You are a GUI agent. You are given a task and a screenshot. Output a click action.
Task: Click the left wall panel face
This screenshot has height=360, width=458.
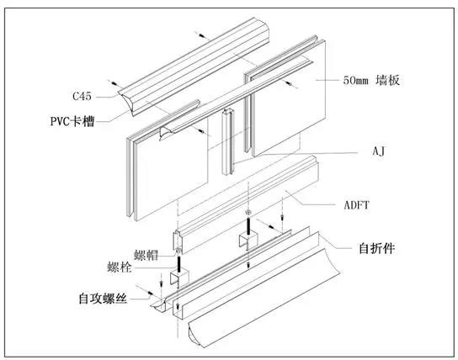pos(168,168)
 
